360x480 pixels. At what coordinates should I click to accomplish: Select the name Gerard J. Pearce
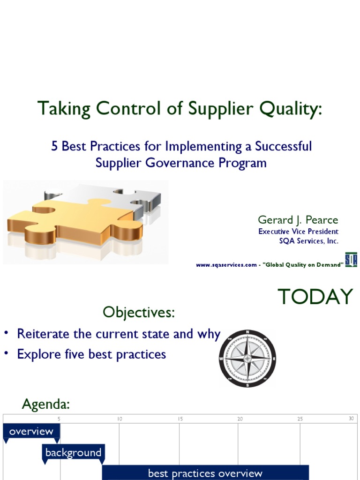click(298, 220)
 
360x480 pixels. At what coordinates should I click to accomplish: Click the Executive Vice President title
click(298, 232)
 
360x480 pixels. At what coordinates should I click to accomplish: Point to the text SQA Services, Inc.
click(308, 241)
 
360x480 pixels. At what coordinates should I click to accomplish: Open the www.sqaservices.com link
click(226, 265)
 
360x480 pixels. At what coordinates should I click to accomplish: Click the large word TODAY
click(315, 297)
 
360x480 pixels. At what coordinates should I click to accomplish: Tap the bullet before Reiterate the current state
click(7, 333)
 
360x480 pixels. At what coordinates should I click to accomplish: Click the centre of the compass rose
click(247, 359)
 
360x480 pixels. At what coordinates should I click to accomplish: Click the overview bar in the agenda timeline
click(31, 431)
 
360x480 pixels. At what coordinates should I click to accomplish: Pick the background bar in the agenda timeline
click(73, 453)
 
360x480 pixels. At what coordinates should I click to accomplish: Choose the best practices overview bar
click(205, 472)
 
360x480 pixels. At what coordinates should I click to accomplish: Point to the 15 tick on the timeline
click(180, 419)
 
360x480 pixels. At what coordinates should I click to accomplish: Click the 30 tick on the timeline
click(351, 419)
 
